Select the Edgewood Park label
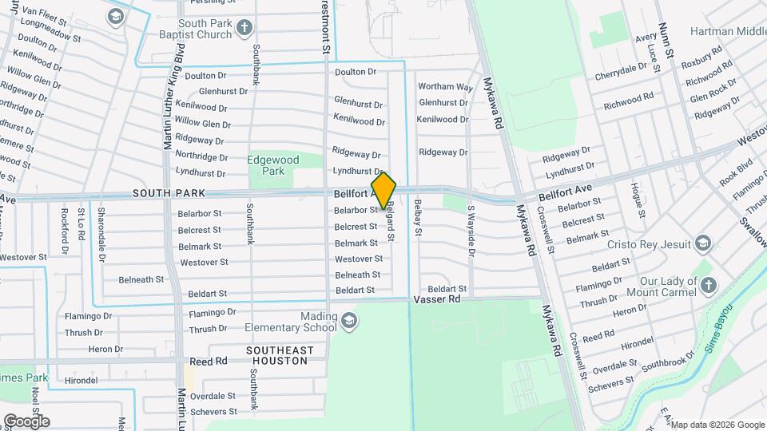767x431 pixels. click(272, 165)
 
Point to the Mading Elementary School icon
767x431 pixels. click(348, 322)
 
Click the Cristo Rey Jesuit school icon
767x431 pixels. click(703, 243)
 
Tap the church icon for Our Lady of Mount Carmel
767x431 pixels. click(708, 285)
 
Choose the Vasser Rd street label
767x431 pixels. click(437, 299)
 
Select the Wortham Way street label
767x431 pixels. click(445, 86)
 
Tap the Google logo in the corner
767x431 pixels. click(26, 421)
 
